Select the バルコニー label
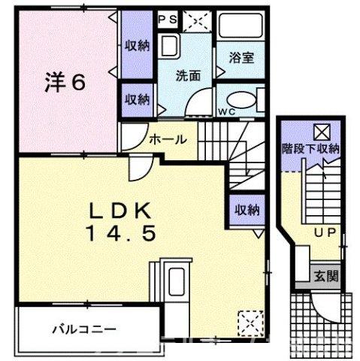(83, 329)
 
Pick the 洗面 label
(188, 75)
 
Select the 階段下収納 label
(310, 148)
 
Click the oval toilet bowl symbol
(239, 100)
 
